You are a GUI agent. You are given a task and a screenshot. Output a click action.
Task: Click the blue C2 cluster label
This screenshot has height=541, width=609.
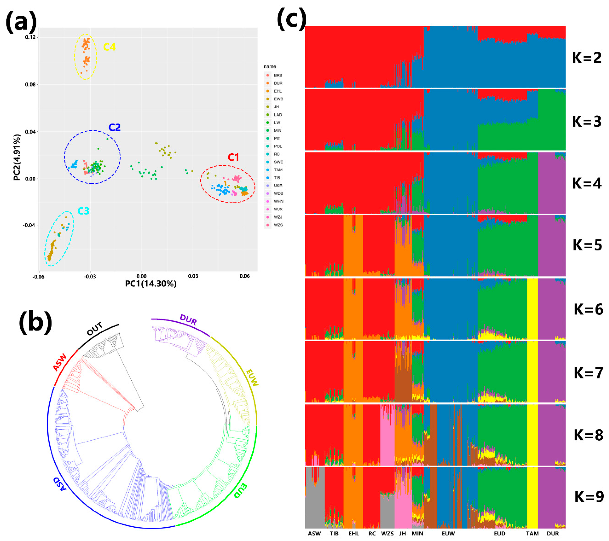(114, 128)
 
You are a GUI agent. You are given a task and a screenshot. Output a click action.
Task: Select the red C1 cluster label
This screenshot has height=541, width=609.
(233, 157)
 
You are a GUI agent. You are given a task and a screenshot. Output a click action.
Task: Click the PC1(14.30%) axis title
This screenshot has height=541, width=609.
(151, 284)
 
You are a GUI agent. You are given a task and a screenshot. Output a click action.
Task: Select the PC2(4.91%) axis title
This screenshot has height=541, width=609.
(17, 157)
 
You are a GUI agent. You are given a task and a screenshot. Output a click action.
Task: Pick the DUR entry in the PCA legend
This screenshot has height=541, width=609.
(278, 83)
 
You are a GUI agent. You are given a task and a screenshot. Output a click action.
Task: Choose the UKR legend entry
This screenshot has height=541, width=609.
(278, 186)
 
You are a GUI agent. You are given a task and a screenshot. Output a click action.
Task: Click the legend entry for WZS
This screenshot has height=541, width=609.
(278, 225)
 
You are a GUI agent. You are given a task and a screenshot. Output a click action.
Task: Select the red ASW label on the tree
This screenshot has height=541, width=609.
(60, 362)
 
